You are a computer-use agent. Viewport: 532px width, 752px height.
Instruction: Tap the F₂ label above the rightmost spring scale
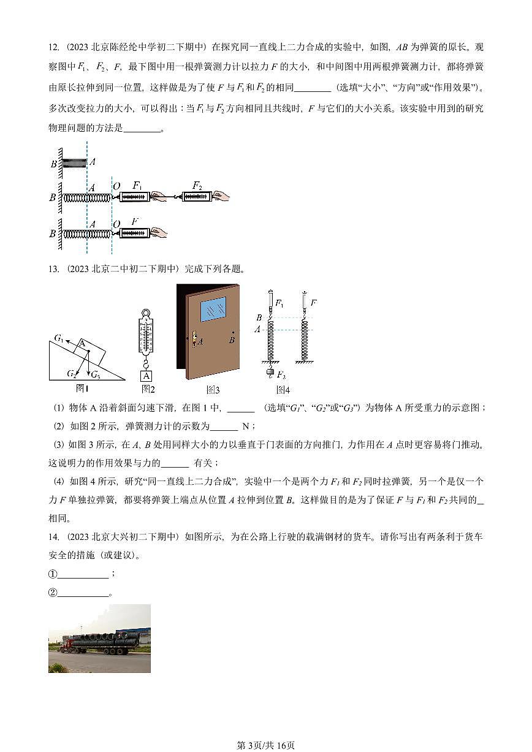196,185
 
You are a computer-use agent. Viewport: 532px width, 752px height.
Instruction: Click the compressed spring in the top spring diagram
74,163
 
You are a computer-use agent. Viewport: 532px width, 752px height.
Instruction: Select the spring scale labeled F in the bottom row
134,233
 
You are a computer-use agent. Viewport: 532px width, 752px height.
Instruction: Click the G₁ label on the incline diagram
59,338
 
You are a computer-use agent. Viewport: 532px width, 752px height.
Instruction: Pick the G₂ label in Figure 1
72,373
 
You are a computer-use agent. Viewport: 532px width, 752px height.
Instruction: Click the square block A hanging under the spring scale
146,376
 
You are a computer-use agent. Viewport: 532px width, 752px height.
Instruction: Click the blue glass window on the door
213,310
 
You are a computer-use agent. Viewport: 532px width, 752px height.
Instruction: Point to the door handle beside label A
194,339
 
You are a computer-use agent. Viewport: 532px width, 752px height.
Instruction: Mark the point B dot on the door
232,332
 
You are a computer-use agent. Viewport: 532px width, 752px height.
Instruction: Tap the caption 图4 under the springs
282,389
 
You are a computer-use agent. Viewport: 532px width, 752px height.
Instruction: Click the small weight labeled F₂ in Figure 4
270,371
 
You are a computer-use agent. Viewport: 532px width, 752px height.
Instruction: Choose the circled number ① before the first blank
53,574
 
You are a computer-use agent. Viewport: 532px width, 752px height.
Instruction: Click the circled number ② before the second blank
53,593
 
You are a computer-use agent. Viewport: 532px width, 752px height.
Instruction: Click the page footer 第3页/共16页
265,745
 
